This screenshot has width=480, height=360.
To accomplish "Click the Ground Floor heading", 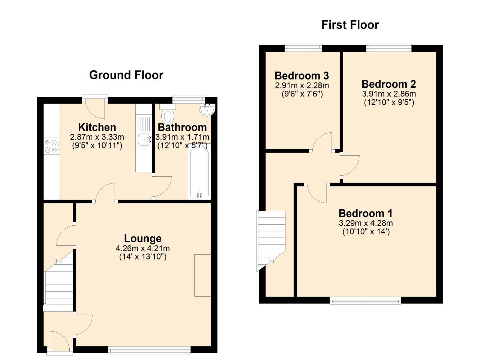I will coord(126,75).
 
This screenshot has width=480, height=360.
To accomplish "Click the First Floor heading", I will coord(350,25).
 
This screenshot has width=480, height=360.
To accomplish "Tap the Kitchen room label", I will coord(97,127).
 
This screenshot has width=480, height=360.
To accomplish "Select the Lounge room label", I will coord(142,238).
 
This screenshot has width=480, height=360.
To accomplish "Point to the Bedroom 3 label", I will coord(301,76).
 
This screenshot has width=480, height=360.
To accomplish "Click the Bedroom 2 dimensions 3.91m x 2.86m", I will coord(389,94).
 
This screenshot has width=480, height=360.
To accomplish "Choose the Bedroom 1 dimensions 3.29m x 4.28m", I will coord(366,223).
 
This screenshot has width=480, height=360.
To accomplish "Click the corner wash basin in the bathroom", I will coord(207,109).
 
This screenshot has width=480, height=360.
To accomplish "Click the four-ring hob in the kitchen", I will coord(52,146).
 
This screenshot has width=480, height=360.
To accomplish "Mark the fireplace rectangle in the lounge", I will coord(202,275).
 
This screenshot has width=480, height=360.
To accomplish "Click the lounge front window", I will coord(149,350).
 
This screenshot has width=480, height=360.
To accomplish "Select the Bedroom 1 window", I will coord(365,300).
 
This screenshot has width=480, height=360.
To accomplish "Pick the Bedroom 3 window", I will coord(303,48).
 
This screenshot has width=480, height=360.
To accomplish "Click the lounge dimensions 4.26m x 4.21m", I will coord(142,248).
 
